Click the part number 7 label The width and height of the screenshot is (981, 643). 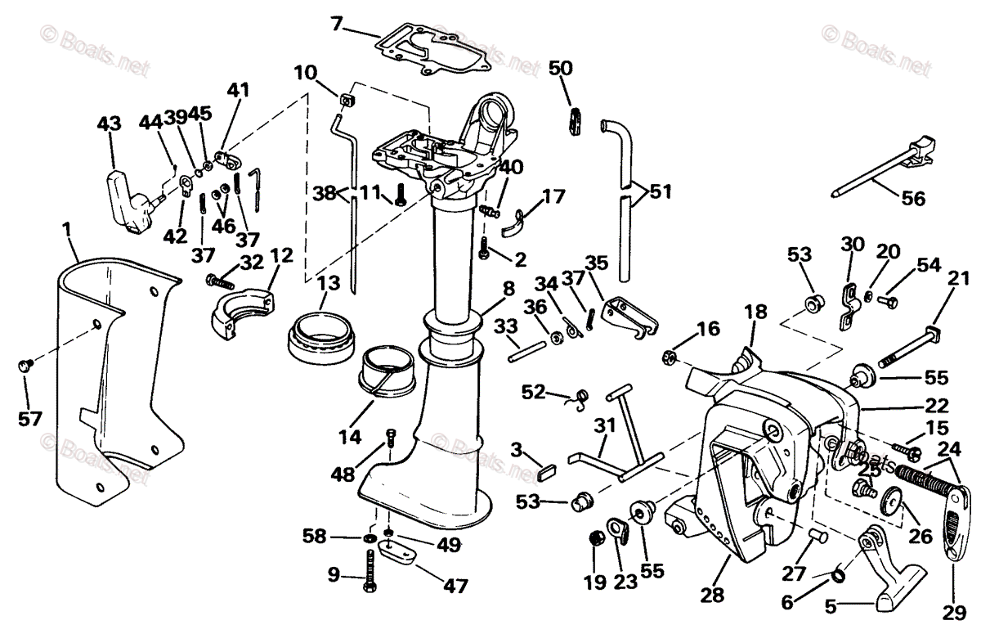(x=337, y=23)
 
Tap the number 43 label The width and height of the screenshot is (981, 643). (x=109, y=124)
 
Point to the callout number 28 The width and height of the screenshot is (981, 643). (x=713, y=595)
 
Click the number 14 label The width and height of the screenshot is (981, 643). (x=350, y=437)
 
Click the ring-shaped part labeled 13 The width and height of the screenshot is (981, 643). (x=322, y=335)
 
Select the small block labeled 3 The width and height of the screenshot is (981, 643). (x=549, y=472)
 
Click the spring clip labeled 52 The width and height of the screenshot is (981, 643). (x=580, y=398)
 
